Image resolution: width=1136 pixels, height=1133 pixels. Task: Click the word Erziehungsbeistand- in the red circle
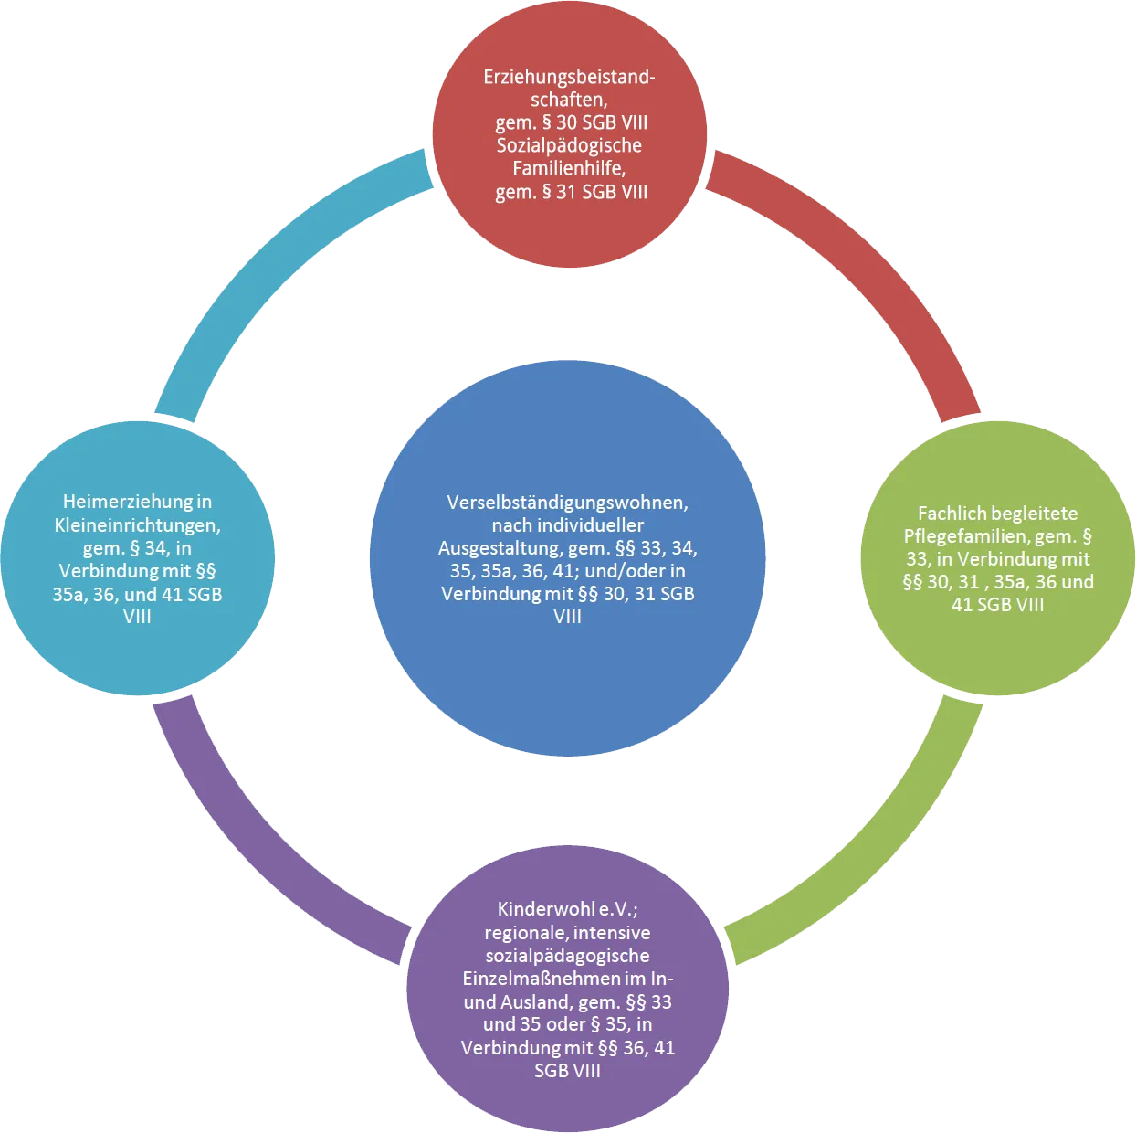[569, 78]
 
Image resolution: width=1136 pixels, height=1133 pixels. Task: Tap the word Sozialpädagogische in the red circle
[569, 146]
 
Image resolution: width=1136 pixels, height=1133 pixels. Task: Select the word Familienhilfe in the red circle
[568, 169]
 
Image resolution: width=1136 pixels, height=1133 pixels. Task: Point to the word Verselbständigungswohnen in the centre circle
[567, 503]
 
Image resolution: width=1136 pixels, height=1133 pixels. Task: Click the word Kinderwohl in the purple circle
[545, 909]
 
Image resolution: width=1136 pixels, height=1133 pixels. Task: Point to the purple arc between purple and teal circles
[261, 856]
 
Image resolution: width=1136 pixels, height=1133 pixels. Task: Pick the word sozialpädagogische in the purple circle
[567, 956]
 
